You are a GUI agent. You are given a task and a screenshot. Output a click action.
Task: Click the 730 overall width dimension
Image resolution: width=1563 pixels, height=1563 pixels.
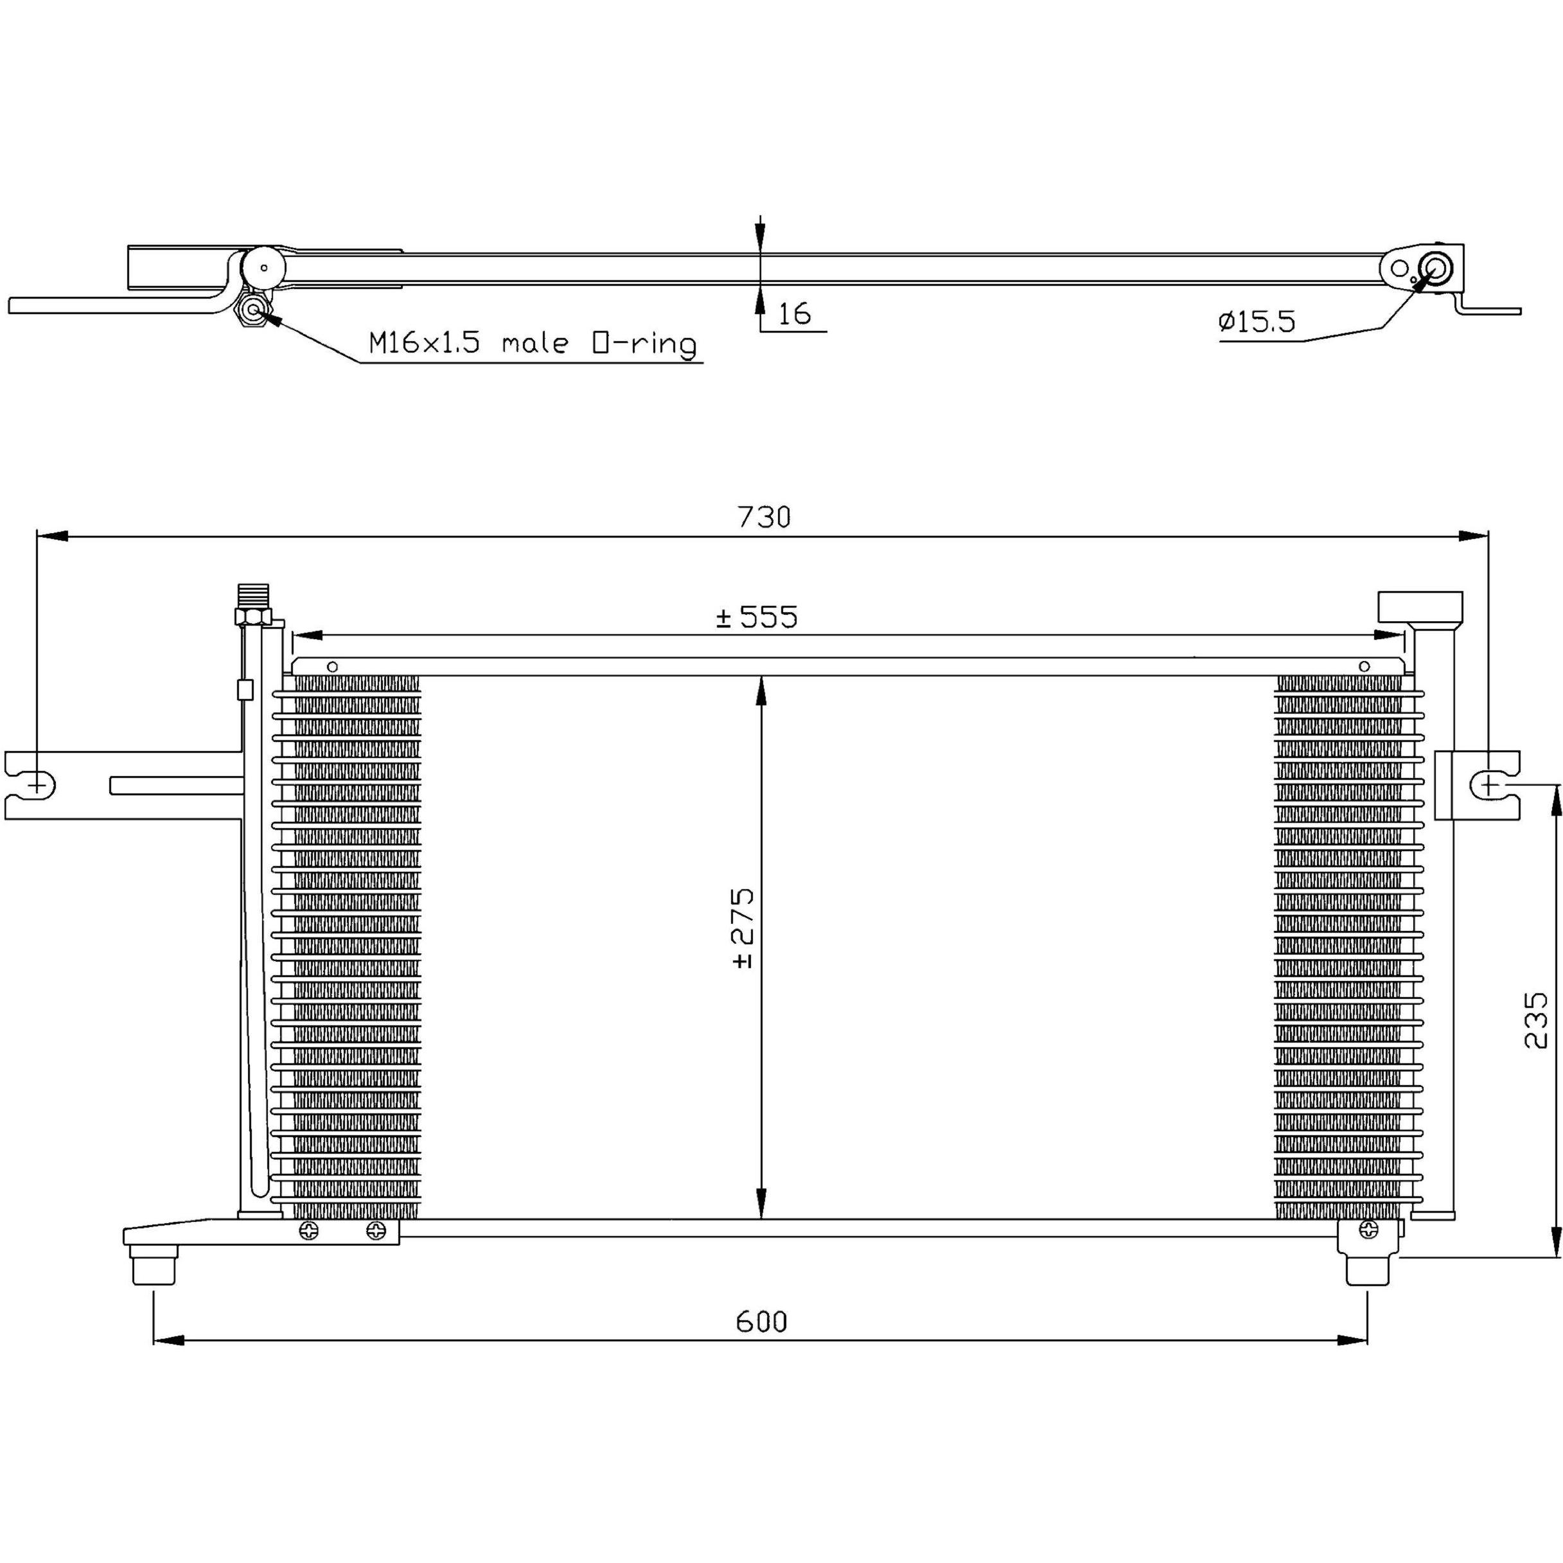tap(764, 516)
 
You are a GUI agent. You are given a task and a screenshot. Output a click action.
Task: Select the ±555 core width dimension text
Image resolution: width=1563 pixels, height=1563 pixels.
tap(757, 617)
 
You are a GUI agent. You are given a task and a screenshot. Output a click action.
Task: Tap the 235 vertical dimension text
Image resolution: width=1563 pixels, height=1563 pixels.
tap(1535, 1021)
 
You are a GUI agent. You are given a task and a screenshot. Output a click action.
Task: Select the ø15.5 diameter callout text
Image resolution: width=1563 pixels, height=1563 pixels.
tap(1257, 322)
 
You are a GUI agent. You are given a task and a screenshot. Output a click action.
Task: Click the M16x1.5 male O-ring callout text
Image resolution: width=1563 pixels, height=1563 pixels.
tap(533, 343)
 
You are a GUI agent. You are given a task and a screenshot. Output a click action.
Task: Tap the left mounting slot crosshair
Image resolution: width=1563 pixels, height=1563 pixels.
tap(37, 783)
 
